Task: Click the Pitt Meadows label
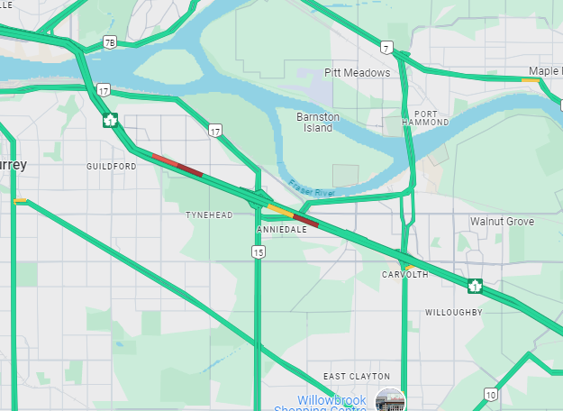point(358,73)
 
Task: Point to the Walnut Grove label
point(502,222)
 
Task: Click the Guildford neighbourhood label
point(112,167)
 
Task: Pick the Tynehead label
point(209,215)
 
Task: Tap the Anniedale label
point(282,230)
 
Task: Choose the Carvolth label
point(404,275)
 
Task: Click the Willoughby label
point(454,313)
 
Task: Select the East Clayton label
point(357,376)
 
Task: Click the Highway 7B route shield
point(109,41)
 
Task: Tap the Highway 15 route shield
point(259,253)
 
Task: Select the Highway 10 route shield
point(490,394)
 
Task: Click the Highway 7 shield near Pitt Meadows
point(385,46)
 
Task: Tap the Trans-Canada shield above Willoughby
point(474,287)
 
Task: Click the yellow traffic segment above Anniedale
point(278,210)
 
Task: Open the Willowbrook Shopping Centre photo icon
point(390,400)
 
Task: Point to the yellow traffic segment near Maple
point(531,80)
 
